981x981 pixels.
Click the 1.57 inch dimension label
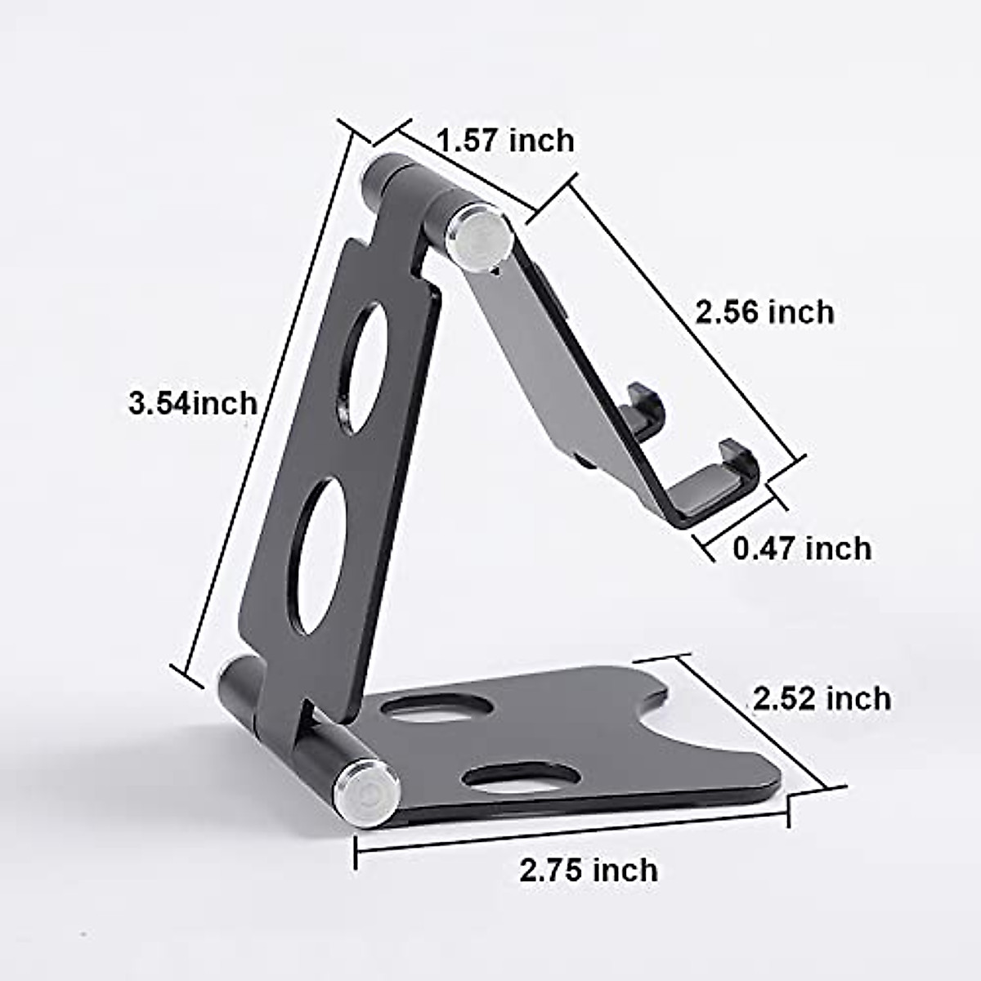coord(505,141)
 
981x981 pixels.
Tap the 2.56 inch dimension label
coord(764,312)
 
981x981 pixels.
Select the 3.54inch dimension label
coord(193,403)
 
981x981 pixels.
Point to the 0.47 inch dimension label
coord(802,548)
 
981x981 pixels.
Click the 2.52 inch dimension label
coord(822,699)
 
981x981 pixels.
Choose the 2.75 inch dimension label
coord(589,870)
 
